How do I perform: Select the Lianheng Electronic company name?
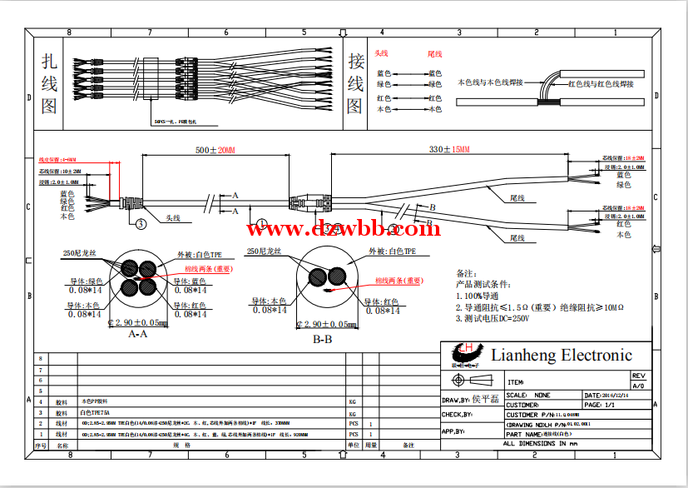pos(562,356)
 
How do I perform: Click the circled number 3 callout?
pos(140,222)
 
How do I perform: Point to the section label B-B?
pos(322,339)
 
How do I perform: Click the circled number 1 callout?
pos(260,223)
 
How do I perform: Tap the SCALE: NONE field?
pos(528,396)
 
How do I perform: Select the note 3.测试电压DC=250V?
pos(492,318)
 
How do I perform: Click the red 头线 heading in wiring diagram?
pos(382,53)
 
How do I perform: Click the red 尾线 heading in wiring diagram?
pos(434,53)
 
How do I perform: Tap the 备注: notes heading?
pos(466,273)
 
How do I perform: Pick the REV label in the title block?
pos(638,376)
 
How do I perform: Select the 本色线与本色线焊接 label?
pos(490,82)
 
